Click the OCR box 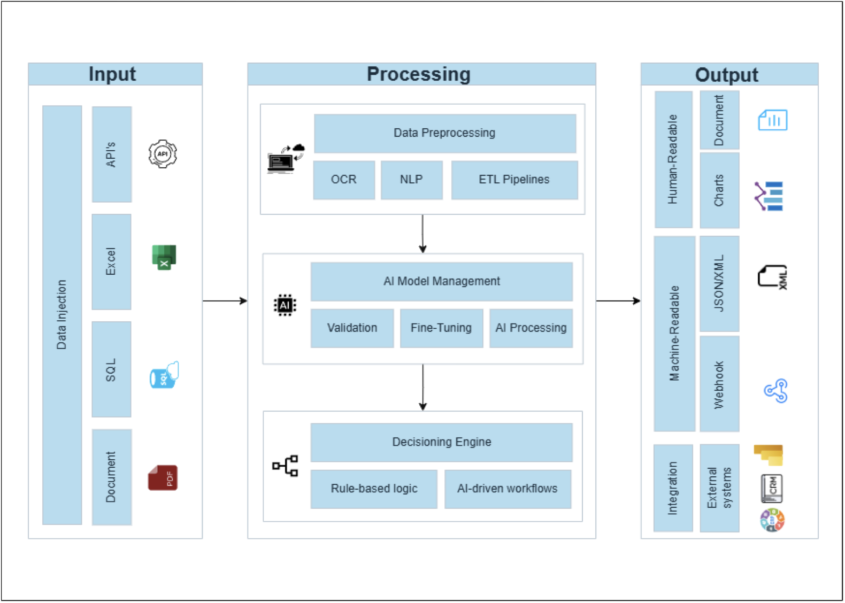click(343, 180)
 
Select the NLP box click(411, 180)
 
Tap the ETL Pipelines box click(514, 180)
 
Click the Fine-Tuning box click(441, 328)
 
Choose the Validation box click(352, 328)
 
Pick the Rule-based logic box click(374, 489)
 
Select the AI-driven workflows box click(507, 489)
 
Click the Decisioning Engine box click(441, 442)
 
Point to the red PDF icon click(163, 477)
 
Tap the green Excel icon click(164, 257)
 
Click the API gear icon click(163, 154)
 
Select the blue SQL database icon click(164, 375)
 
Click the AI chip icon click(285, 305)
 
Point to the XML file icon click(772, 277)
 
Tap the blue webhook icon click(775, 391)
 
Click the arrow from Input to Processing click(225, 301)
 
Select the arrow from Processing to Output click(618, 301)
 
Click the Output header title click(726, 75)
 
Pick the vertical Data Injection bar click(62, 315)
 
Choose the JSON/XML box click(719, 283)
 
